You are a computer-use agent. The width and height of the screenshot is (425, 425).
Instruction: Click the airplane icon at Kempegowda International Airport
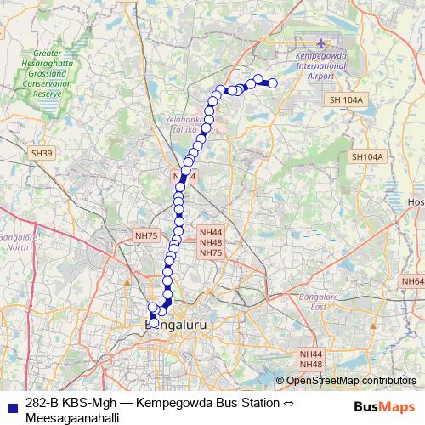pyautogui.click(x=320, y=44)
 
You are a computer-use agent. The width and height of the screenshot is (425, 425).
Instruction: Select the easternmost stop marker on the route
pyautogui.click(x=273, y=82)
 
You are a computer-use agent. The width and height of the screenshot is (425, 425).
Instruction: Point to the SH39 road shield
pyautogui.click(x=41, y=153)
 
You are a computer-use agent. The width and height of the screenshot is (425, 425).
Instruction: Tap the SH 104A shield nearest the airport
pyautogui.click(x=346, y=100)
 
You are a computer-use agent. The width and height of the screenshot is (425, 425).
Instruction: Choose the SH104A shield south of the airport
pyautogui.click(x=367, y=157)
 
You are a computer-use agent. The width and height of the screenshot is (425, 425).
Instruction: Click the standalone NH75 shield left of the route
pyautogui.click(x=146, y=235)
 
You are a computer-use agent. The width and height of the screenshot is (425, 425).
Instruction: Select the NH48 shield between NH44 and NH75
pyautogui.click(x=211, y=242)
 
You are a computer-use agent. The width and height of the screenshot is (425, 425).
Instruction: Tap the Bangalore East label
pyautogui.click(x=319, y=302)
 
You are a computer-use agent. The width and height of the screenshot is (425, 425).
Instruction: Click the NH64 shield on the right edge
pyautogui.click(x=413, y=281)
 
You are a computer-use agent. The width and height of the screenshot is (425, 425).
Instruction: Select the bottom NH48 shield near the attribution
pyautogui.click(x=311, y=364)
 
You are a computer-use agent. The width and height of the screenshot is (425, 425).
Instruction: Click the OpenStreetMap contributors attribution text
pyautogui.click(x=350, y=381)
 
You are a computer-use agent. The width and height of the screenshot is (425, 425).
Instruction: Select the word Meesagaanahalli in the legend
pyautogui.click(x=71, y=417)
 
